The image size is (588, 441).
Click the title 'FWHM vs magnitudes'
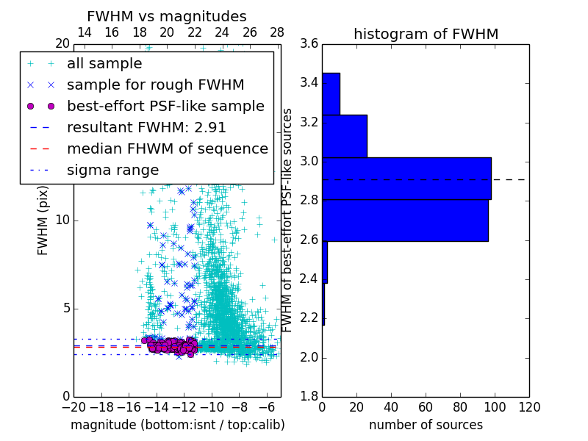point(167,16)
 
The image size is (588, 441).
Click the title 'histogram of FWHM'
point(426,34)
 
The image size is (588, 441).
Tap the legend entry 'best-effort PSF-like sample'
point(165,106)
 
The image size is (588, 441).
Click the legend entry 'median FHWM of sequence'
point(167,148)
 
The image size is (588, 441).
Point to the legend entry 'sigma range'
point(112,170)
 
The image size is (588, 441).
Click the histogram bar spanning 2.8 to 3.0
point(406,179)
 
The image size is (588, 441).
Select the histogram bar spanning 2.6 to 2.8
point(405,220)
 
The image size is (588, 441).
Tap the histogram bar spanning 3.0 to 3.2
point(345,136)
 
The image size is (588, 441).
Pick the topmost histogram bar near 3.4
point(331,93)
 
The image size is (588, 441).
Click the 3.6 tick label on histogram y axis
point(309,43)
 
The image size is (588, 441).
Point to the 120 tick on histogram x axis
point(528,406)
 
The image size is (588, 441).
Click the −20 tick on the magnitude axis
point(73,406)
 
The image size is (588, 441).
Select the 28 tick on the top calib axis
point(277,32)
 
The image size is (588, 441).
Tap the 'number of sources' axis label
point(426,425)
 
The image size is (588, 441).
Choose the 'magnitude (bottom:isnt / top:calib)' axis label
point(177,425)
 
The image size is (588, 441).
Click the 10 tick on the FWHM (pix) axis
point(62,220)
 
